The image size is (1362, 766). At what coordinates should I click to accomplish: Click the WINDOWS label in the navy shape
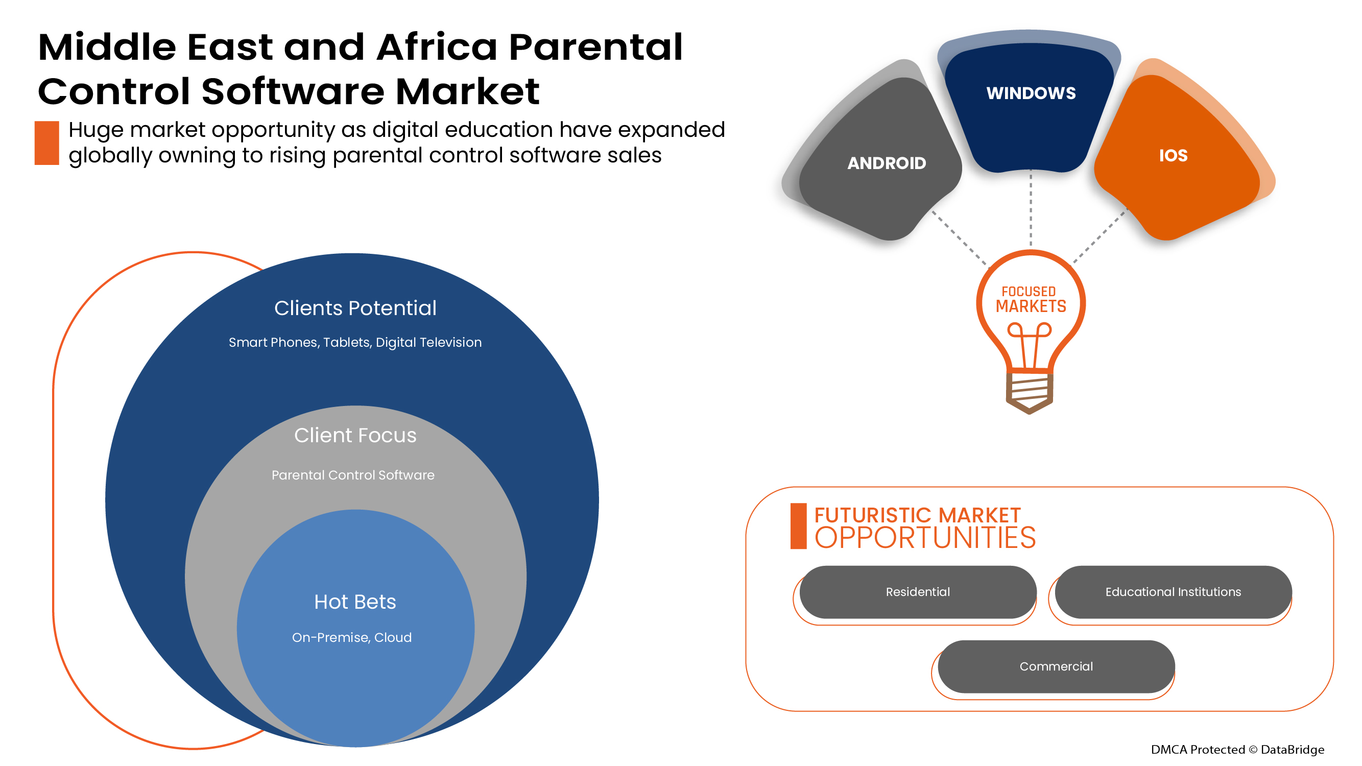tap(1031, 93)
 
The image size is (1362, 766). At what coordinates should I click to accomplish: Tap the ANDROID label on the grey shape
tap(886, 163)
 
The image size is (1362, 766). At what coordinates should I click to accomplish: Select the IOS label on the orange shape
tap(1173, 155)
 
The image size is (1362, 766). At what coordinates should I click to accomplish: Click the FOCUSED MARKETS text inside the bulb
tap(1031, 300)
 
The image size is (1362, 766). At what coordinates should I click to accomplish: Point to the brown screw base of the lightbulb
tap(1029, 392)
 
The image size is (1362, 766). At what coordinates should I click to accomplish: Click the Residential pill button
tap(917, 591)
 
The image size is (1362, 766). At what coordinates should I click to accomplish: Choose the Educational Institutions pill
tap(1173, 591)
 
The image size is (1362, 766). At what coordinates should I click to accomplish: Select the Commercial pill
tap(1056, 666)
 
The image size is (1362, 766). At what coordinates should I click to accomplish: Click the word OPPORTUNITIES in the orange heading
tap(925, 538)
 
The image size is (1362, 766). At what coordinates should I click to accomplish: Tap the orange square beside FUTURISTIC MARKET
tap(798, 526)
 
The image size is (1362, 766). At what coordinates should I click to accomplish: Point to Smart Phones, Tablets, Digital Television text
tap(355, 343)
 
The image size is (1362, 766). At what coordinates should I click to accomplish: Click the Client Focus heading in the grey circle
tap(355, 435)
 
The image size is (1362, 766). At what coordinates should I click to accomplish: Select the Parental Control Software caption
tap(353, 475)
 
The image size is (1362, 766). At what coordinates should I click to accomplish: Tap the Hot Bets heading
tap(355, 602)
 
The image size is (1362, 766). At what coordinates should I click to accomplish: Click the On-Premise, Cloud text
tap(351, 637)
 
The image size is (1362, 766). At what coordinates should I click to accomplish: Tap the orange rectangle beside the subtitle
tap(46, 143)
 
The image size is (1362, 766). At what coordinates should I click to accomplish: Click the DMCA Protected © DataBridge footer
tap(1237, 749)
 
